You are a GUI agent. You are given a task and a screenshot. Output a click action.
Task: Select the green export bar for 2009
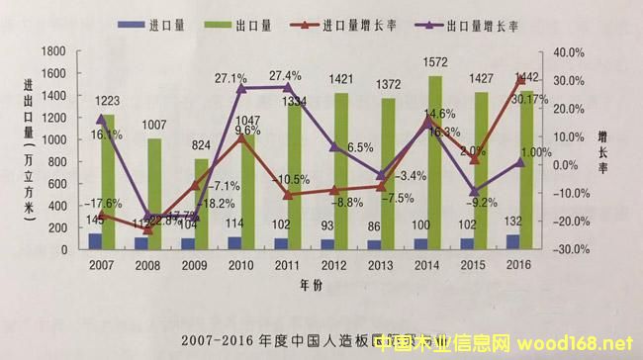pos(200,204)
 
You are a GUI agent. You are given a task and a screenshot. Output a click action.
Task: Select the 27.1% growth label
pos(230,77)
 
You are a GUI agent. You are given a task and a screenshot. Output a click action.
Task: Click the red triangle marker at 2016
pos(519,80)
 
